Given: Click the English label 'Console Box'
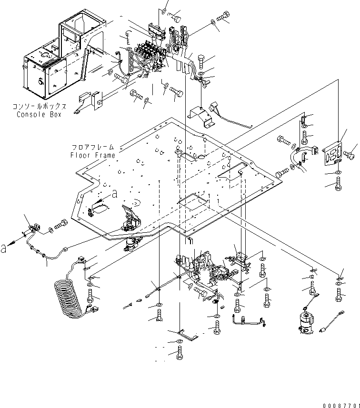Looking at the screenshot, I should click(x=39, y=114).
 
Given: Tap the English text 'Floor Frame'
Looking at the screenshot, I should click(x=93, y=155).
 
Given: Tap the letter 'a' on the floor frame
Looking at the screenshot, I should click(x=114, y=194).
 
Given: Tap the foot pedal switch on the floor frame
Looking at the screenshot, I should click(x=131, y=220).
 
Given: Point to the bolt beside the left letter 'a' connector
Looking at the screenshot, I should click(x=62, y=223).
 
